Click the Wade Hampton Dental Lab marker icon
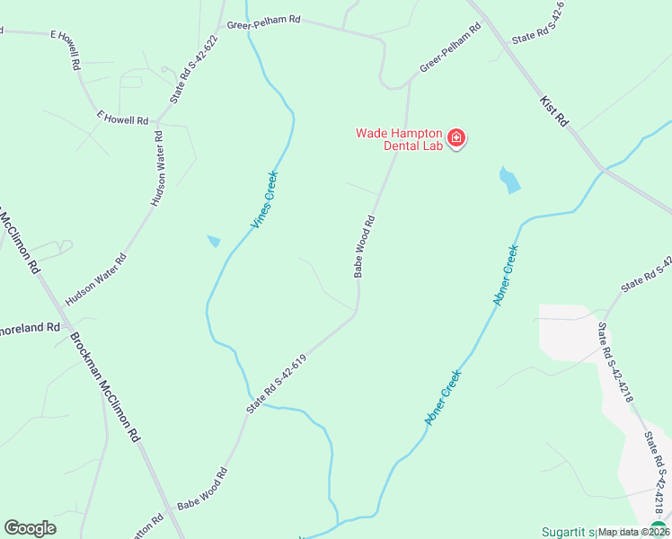[x=456, y=138]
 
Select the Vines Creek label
[x=265, y=200]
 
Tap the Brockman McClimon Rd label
[x=106, y=387]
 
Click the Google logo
[x=30, y=528]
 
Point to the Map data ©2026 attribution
[x=633, y=532]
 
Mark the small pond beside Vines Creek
[x=214, y=241]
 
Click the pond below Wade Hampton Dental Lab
[x=508, y=180]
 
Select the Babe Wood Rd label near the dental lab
[x=363, y=245]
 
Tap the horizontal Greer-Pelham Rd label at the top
[x=263, y=27]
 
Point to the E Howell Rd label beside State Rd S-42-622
[x=122, y=119]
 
